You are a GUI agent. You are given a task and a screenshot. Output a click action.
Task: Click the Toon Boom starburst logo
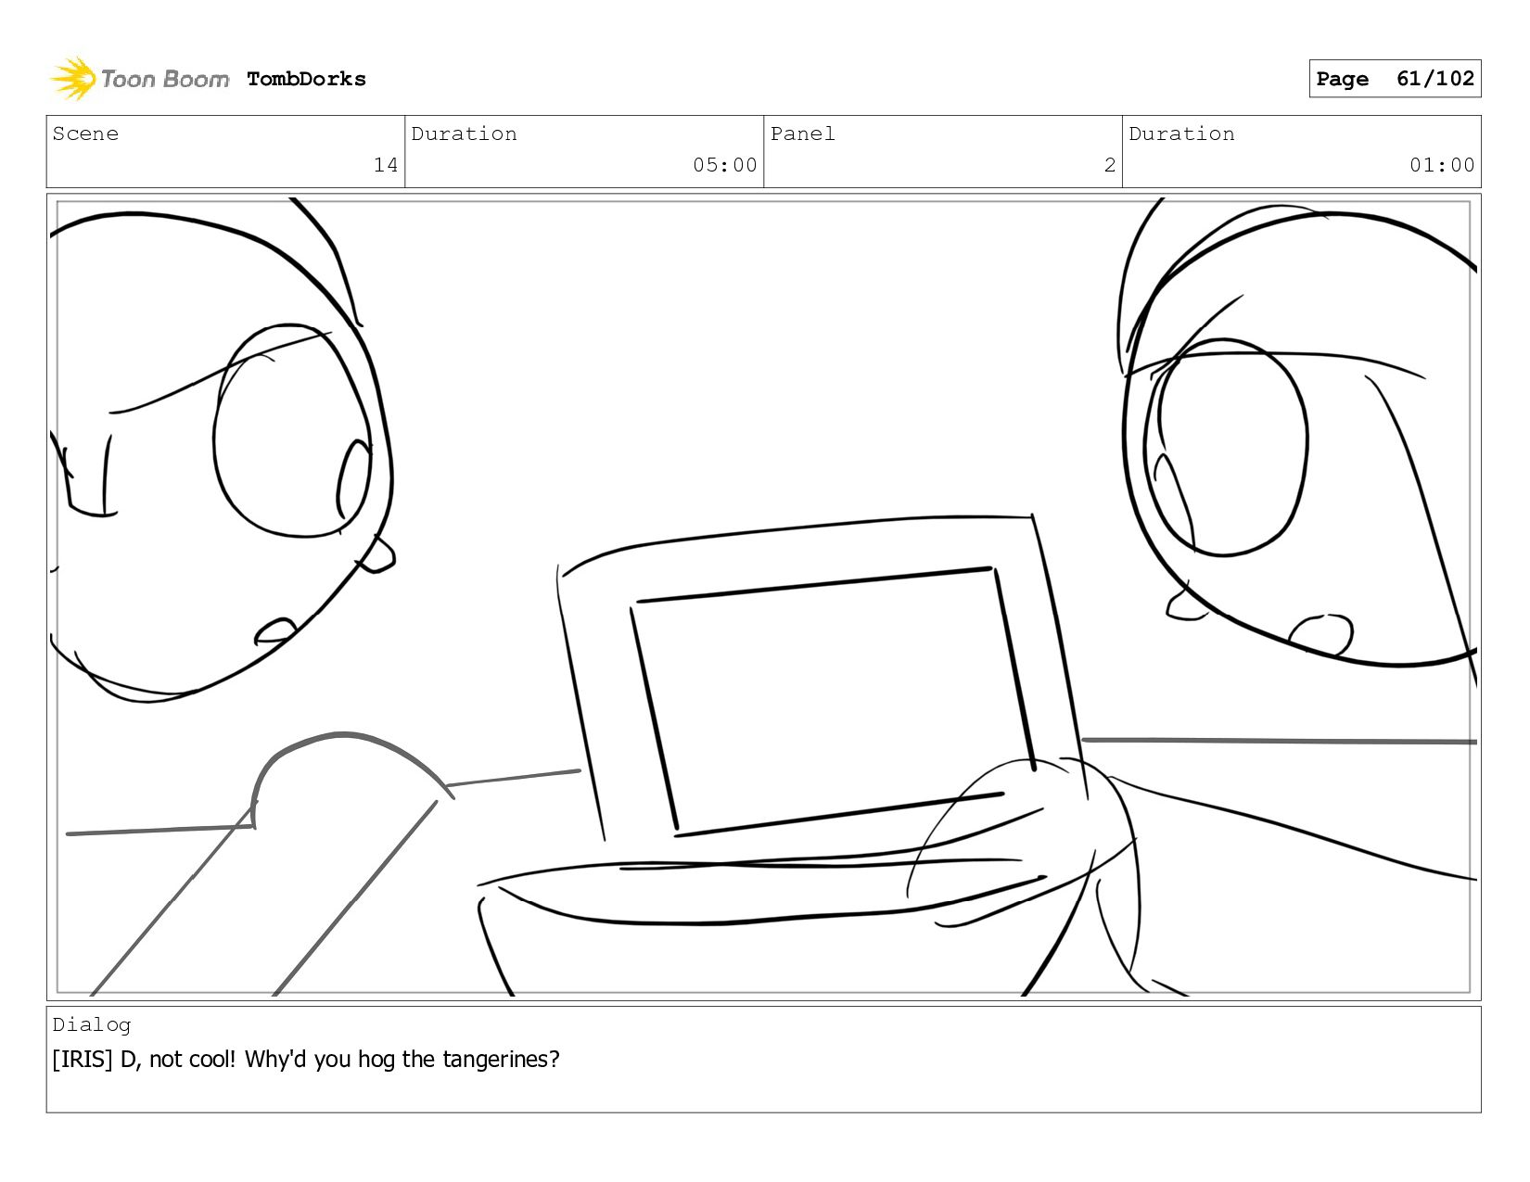pyautogui.click(x=73, y=78)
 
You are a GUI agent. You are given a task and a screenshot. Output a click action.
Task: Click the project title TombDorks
pyautogui.click(x=306, y=79)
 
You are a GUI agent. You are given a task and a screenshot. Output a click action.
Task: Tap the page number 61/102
pyautogui.click(x=1434, y=78)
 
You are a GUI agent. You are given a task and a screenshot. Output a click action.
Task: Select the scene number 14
pyautogui.click(x=386, y=165)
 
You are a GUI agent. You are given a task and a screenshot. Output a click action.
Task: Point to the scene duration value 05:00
pyautogui.click(x=724, y=165)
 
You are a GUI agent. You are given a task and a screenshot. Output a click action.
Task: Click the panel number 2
pyautogui.click(x=1110, y=165)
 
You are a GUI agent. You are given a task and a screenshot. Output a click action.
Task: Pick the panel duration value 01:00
pyautogui.click(x=1441, y=165)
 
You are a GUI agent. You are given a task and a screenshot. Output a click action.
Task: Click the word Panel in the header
pyautogui.click(x=803, y=133)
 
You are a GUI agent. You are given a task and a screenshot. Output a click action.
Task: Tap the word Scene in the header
pyautogui.click(x=85, y=133)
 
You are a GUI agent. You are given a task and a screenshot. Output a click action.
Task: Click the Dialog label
pyautogui.click(x=92, y=1025)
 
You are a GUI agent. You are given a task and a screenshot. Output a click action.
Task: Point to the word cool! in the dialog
pyautogui.click(x=213, y=1059)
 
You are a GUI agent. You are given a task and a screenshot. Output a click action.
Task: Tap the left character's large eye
pyautogui.click(x=292, y=430)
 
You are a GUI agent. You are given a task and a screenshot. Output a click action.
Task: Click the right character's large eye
pyautogui.click(x=1230, y=447)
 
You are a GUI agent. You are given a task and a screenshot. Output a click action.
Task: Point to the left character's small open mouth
pyautogui.click(x=274, y=631)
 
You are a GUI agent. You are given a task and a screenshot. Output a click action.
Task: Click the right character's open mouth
pyautogui.click(x=1320, y=635)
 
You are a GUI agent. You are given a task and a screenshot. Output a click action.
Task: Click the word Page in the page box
pyautogui.click(x=1342, y=79)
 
